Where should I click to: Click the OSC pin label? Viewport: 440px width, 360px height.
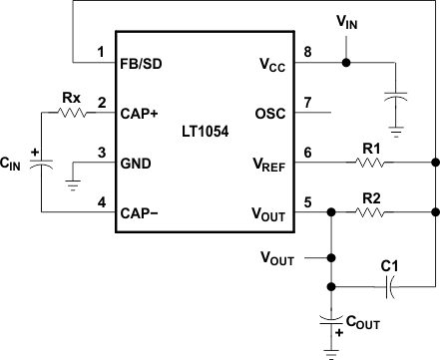272,113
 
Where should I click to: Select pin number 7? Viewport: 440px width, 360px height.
307,103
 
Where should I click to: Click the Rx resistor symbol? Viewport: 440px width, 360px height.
72,113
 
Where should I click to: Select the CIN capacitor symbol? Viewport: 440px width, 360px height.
41,162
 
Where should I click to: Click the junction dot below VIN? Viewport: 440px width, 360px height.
346,62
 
